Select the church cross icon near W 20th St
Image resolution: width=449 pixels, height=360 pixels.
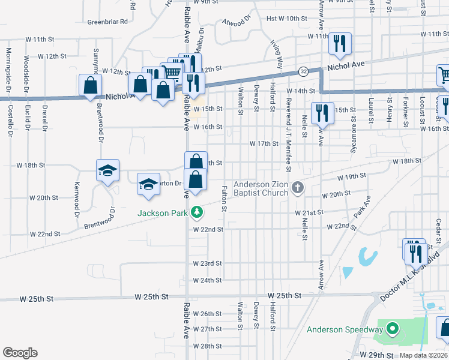tap(297, 188)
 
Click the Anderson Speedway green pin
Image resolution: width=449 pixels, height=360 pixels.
tap(393, 329)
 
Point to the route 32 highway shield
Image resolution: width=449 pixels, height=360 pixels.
tap(304, 71)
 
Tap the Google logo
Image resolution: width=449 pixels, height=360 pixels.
tap(20, 352)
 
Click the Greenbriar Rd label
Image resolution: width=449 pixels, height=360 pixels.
tap(108, 22)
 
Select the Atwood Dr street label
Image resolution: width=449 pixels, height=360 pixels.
tap(237, 23)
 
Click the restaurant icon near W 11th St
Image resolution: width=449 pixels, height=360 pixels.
tap(339, 43)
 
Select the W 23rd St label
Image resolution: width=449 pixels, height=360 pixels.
tap(208, 263)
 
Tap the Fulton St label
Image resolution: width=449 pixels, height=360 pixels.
tap(223, 199)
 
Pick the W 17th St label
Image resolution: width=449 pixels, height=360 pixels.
tap(264, 143)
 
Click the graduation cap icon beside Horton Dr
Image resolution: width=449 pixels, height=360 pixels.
tap(148, 185)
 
